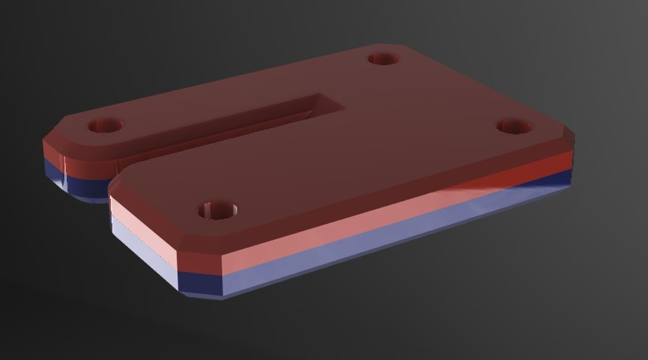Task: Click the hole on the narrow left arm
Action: click(105, 126)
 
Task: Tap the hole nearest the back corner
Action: click(383, 58)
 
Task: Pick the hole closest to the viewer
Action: click(217, 210)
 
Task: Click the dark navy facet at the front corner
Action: click(201, 285)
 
